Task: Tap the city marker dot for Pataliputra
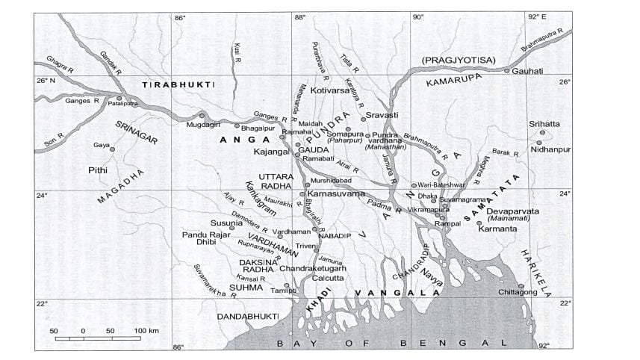click(119, 98)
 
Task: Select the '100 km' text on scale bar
click(147, 331)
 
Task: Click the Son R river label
click(59, 142)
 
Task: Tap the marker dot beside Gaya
click(113, 149)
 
